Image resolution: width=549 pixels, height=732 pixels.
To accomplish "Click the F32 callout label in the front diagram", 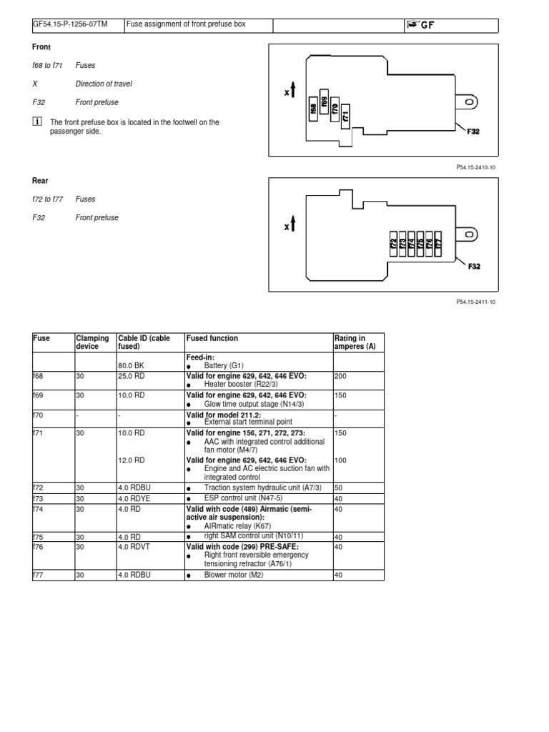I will click(473, 132).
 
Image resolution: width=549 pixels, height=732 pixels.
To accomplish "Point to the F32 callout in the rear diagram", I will click(474, 266).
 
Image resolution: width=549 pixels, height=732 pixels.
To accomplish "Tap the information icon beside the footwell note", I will click(38, 122).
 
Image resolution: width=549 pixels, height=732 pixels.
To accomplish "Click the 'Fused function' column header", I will click(212, 338).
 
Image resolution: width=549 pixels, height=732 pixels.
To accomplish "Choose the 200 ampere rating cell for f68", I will click(340, 375).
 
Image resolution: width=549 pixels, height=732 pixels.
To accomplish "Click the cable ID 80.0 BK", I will click(131, 365).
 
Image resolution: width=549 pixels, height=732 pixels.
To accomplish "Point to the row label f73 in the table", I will click(39, 498).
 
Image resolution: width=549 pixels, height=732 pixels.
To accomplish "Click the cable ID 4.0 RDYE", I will click(136, 498).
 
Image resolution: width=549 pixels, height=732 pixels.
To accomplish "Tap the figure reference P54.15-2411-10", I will click(475, 302).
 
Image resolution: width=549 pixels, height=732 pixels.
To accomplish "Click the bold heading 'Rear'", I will click(41, 181).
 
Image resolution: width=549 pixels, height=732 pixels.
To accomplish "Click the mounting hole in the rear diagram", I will click(470, 234).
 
